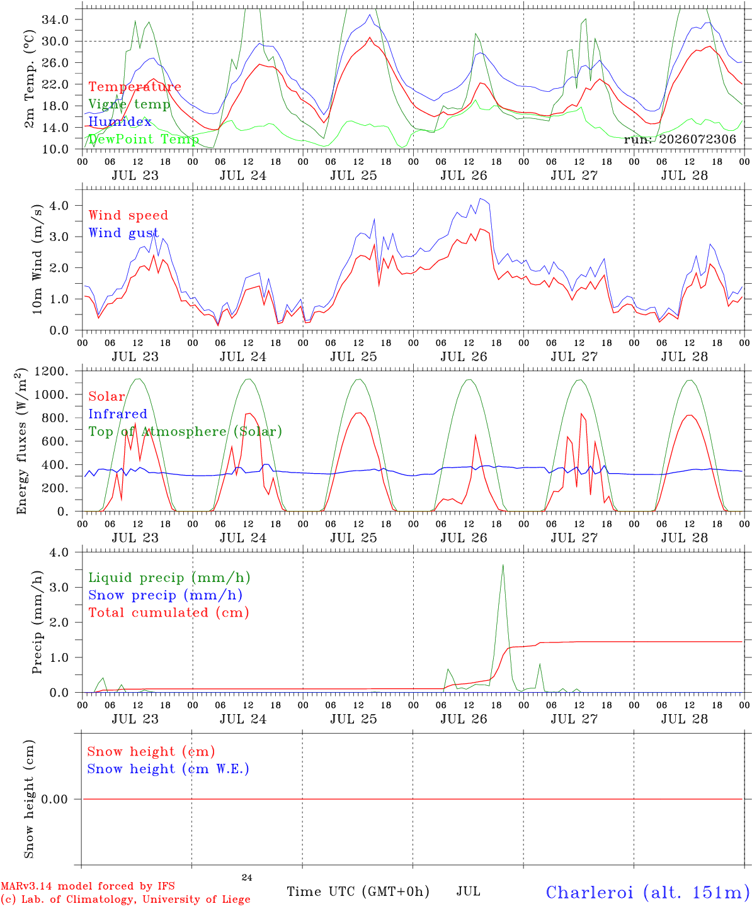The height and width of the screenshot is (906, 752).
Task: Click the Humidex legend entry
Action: click(x=120, y=121)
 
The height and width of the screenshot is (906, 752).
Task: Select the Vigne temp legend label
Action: click(x=129, y=104)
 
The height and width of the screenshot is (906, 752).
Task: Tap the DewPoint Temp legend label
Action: click(x=144, y=139)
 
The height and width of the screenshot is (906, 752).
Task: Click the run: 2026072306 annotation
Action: click(x=680, y=139)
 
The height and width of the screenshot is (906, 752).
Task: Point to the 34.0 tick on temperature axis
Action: click(x=55, y=20)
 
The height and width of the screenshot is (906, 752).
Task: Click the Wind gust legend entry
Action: click(x=124, y=233)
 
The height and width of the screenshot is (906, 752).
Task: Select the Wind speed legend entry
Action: click(x=128, y=216)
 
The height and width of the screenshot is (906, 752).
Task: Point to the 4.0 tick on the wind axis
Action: click(x=59, y=205)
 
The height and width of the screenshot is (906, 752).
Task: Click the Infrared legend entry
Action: click(x=118, y=414)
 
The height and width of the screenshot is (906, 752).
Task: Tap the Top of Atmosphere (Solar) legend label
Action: click(x=186, y=432)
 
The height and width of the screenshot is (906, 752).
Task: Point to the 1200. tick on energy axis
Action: click(x=52, y=371)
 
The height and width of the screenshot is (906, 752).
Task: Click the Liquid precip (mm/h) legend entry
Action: click(x=169, y=578)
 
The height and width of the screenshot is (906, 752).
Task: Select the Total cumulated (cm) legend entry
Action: click(x=169, y=613)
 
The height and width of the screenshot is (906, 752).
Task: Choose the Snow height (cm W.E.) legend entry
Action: click(x=168, y=769)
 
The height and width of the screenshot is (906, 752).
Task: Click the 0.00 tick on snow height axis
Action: click(x=54, y=799)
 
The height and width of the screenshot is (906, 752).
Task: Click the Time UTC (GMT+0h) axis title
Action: click(x=358, y=892)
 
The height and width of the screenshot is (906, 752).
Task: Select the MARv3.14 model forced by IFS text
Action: click(x=88, y=886)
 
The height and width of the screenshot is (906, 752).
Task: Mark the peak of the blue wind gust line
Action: click(x=480, y=199)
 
